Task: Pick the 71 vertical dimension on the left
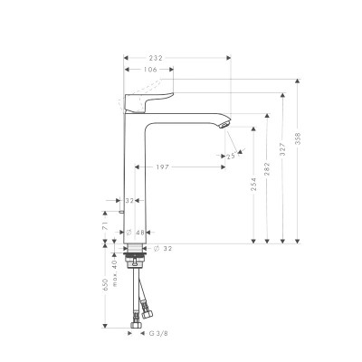(106, 233)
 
